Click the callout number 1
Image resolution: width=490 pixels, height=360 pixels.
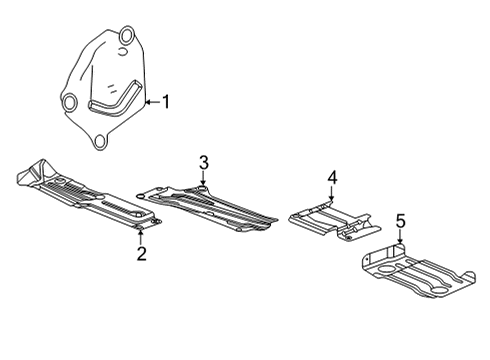[166, 101]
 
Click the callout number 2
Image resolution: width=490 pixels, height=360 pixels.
[141, 254]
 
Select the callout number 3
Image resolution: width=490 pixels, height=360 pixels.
[203, 162]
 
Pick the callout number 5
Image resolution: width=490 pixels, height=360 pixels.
[400, 221]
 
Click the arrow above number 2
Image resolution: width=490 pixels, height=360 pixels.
[141, 235]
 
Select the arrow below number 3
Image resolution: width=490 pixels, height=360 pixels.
[203, 179]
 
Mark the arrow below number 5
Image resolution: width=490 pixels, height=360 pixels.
[400, 239]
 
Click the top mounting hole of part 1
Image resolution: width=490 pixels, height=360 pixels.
[125, 40]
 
